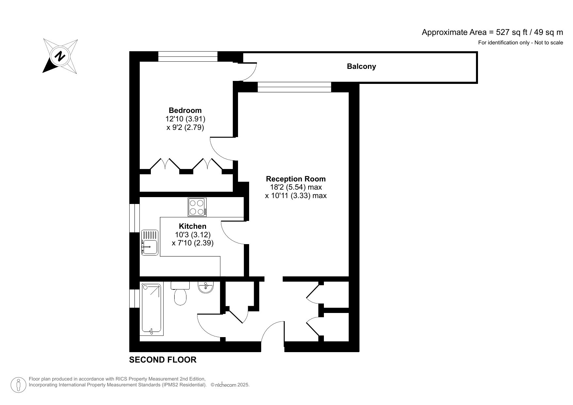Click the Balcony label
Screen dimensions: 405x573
(x=361, y=67)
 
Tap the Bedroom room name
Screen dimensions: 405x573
(x=185, y=110)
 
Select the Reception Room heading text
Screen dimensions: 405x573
(x=295, y=179)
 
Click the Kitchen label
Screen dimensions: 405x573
(x=192, y=226)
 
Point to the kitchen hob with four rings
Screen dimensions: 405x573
(x=197, y=207)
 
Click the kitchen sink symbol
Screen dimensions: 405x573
(x=150, y=242)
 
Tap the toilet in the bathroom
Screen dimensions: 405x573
(x=180, y=294)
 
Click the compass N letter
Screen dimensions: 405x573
(x=59, y=56)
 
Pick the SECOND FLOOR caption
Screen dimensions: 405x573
(x=163, y=360)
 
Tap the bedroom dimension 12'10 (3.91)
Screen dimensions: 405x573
(x=185, y=119)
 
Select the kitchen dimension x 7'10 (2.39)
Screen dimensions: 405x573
(x=192, y=243)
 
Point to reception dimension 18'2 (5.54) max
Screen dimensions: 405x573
(x=295, y=187)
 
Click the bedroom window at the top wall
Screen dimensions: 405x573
(x=188, y=56)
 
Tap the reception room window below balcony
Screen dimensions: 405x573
(x=294, y=87)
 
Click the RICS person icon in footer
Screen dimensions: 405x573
(x=19, y=385)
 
